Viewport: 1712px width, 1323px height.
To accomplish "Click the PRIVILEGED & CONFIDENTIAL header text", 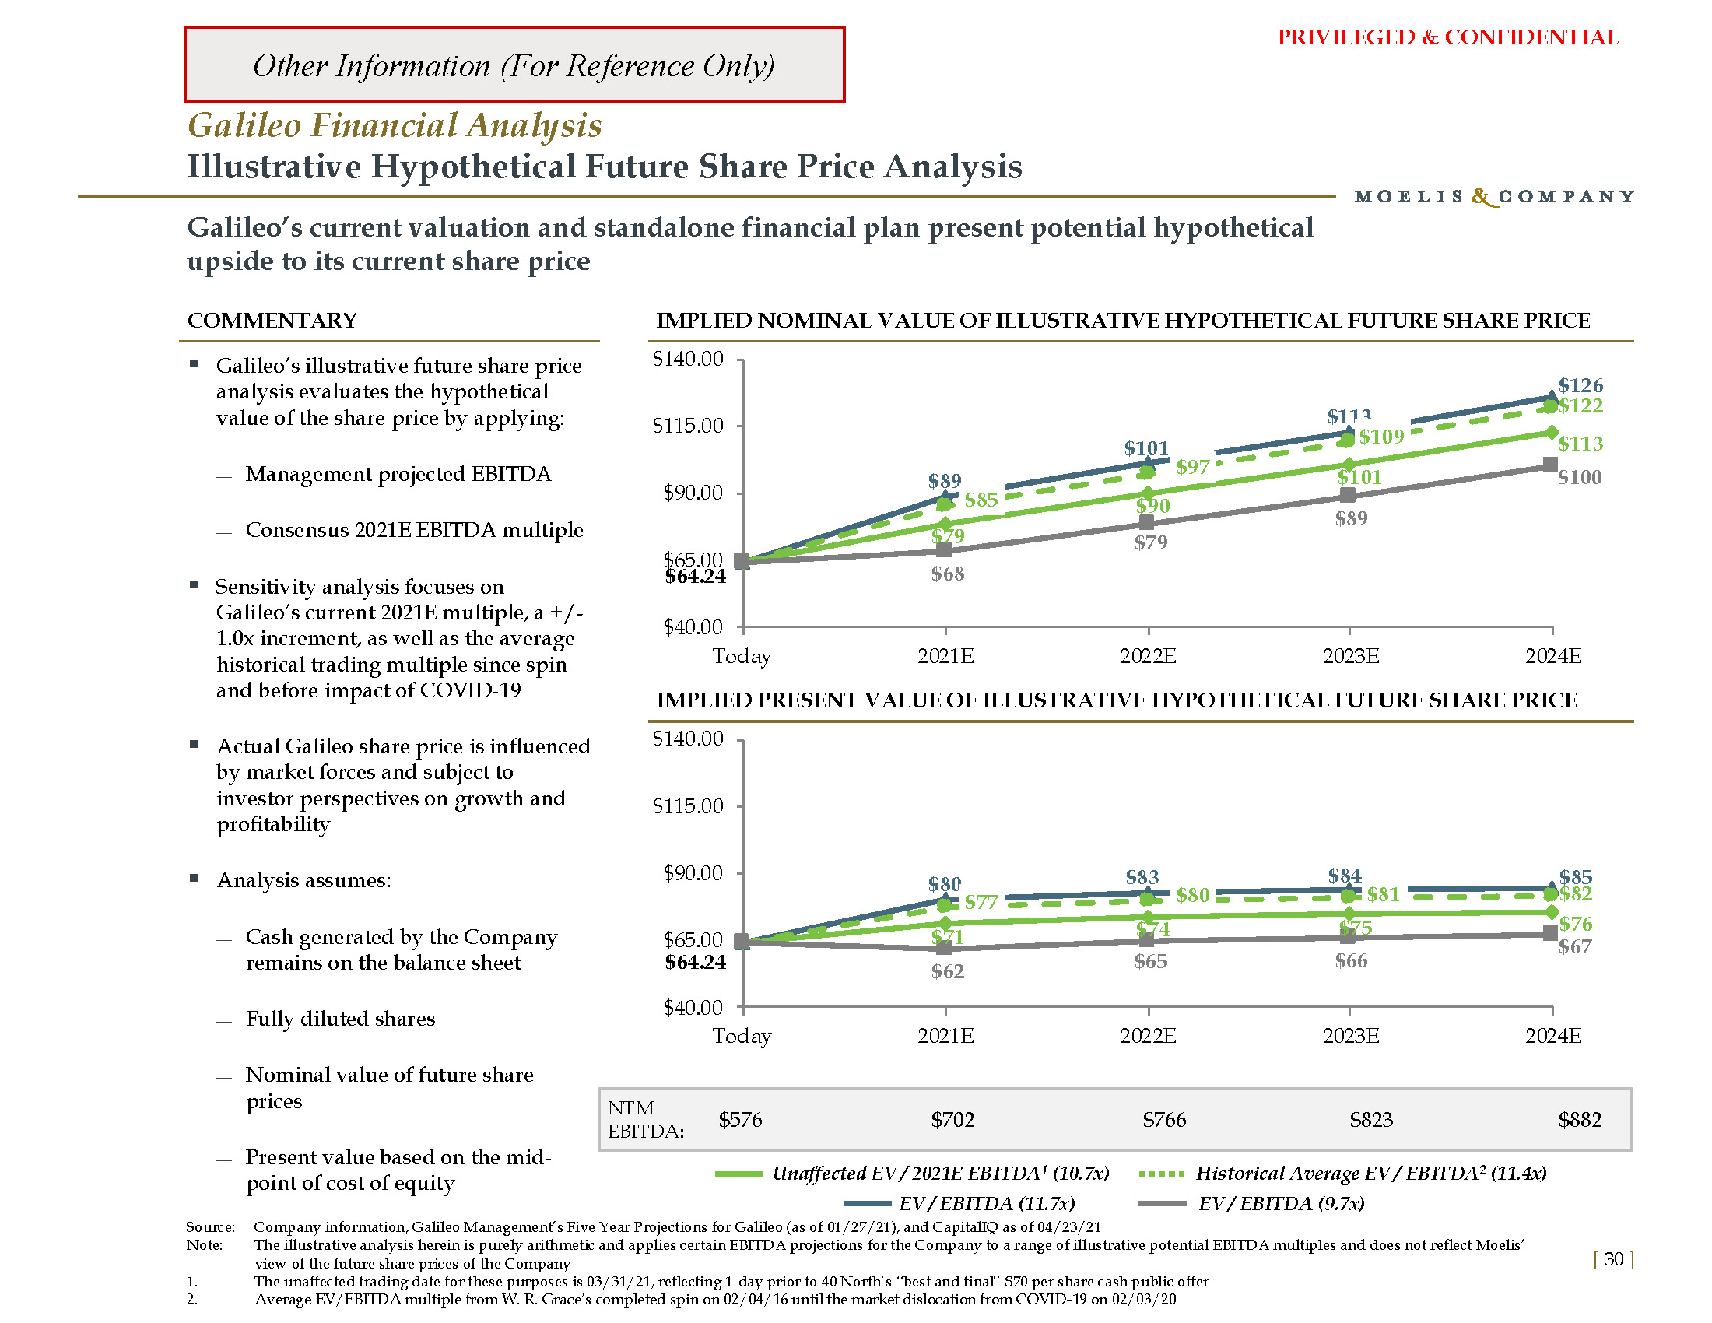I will (x=1447, y=37).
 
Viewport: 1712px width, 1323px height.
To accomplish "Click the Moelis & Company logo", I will (x=1494, y=197).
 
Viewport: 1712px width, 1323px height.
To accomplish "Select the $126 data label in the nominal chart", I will (x=1580, y=385).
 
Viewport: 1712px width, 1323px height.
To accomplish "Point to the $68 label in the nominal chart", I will (x=948, y=574).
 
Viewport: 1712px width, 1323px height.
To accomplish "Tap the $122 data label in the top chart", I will (x=1580, y=406).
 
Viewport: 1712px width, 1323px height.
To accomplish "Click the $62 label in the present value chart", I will (x=948, y=972).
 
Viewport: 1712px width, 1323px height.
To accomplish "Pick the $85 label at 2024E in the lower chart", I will (x=1576, y=876).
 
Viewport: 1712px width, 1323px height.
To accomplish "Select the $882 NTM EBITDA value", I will (x=1580, y=1120).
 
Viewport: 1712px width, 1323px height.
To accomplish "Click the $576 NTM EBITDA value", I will (x=740, y=1120).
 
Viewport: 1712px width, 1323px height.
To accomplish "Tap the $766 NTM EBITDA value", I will (x=1164, y=1120).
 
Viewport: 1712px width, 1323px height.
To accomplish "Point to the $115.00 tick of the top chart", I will (x=687, y=426).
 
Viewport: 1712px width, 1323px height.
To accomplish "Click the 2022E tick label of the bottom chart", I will (x=1148, y=1036).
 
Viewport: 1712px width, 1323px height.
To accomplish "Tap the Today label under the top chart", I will (x=742, y=656).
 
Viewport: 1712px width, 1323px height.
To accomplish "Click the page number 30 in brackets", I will (x=1613, y=1259).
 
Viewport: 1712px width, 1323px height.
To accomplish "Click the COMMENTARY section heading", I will (x=272, y=321).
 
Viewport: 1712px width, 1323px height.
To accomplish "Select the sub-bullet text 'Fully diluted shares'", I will (x=340, y=1019).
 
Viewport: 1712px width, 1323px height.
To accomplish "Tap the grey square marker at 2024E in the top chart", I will (x=1549, y=465).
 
